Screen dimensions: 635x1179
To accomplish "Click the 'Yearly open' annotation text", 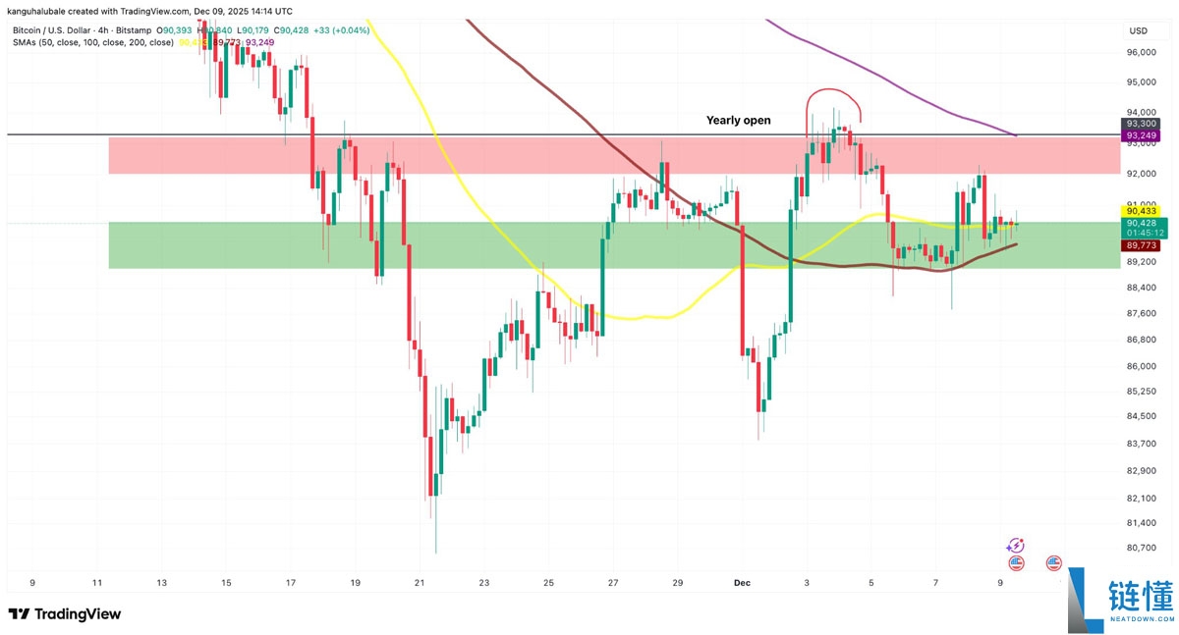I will (x=738, y=121).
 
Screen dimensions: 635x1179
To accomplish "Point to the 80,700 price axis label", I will (x=1140, y=548).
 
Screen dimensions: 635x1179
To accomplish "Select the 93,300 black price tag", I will (x=1140, y=124).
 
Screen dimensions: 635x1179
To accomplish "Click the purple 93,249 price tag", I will (x=1140, y=135).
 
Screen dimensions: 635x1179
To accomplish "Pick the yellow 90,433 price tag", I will (x=1140, y=211).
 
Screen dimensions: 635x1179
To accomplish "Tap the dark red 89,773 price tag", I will (x=1140, y=246).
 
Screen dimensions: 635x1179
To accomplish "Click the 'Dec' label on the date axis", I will (x=744, y=583).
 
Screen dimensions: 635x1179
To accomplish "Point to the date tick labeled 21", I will (x=420, y=583).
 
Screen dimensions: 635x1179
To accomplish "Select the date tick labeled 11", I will (x=96, y=583).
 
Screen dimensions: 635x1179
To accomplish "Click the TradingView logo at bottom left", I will (x=65, y=614).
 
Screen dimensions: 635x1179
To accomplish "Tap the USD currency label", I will (x=1139, y=29).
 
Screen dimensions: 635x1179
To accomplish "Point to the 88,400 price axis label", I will (x=1140, y=288).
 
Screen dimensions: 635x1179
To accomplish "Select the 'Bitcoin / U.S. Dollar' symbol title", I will (x=53, y=31).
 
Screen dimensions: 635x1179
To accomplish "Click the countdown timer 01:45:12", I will (x=1140, y=234).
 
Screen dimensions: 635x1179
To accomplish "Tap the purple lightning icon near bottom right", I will (x=1016, y=546).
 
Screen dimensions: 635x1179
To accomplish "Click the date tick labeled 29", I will (x=678, y=583).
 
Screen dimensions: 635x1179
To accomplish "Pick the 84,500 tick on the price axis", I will (x=1140, y=416).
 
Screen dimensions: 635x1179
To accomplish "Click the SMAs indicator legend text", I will (x=93, y=43).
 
